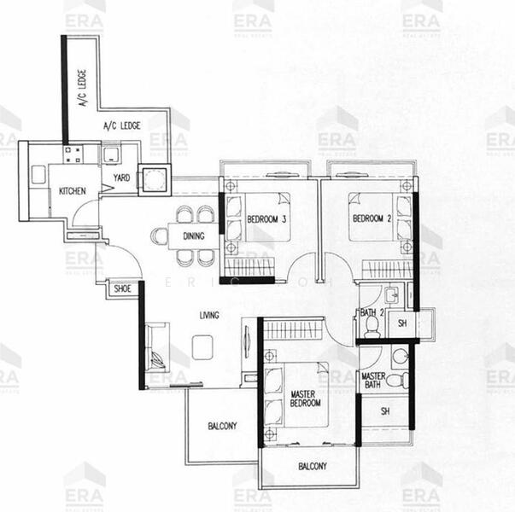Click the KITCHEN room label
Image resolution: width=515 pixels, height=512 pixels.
[72, 190]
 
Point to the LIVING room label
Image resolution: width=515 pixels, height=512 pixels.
[209, 315]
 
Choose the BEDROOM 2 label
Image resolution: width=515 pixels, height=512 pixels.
[372, 218]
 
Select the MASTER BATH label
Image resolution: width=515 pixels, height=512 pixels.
[373, 381]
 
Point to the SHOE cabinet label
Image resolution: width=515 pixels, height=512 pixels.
[122, 289]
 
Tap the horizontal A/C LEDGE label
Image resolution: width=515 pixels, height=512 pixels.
[121, 127]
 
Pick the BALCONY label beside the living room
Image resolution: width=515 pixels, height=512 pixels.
[221, 426]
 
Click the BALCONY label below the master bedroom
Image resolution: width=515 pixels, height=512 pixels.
[313, 466]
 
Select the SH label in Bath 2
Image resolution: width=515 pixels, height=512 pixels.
[402, 324]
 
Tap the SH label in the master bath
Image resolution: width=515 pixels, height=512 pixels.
[385, 410]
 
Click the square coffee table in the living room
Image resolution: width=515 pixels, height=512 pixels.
[203, 346]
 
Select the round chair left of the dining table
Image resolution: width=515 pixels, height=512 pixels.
[158, 236]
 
